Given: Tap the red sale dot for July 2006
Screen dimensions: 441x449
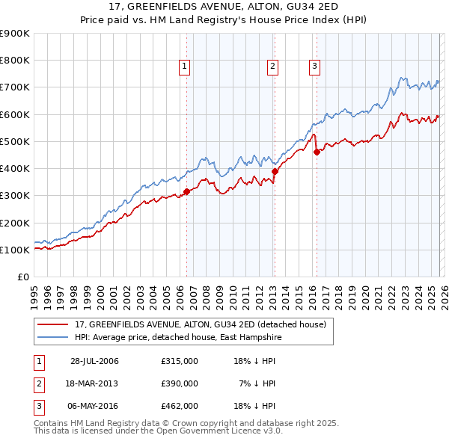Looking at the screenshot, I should pos(186,191).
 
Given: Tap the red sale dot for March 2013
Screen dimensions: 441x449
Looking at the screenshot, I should pos(275,171).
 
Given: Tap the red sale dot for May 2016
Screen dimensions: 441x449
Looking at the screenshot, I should pos(317,152).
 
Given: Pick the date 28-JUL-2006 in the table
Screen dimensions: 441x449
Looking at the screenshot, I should pos(94,361).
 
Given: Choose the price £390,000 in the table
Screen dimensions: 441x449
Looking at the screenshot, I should pos(180,383).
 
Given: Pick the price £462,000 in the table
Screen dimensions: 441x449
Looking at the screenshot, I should pos(180,406).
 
